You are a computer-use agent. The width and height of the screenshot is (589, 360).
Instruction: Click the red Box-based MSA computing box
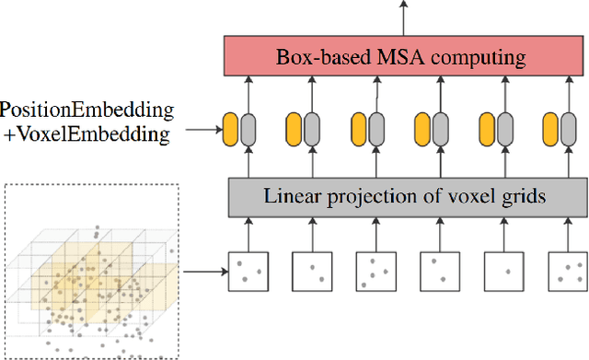(x=401, y=58)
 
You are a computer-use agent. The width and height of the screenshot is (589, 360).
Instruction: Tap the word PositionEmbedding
(x=87, y=110)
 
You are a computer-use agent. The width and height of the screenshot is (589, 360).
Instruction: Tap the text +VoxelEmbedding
(x=87, y=134)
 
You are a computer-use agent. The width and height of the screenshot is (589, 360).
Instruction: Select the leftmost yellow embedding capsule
(x=230, y=127)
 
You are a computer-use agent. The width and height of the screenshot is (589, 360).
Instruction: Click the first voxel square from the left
(x=247, y=271)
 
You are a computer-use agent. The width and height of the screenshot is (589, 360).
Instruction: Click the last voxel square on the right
(x=567, y=271)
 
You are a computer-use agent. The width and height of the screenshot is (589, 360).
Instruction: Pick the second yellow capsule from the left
(x=294, y=127)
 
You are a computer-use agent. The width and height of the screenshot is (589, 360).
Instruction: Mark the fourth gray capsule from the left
(x=440, y=127)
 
